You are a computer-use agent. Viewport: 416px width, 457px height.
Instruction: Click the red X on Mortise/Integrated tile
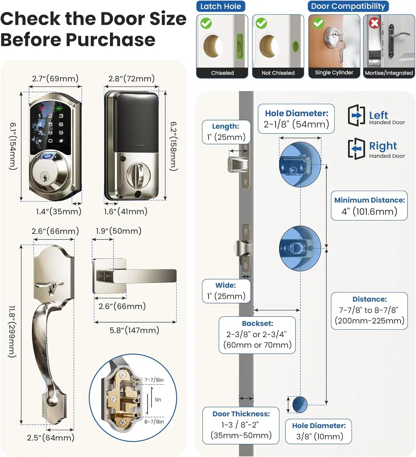tap(374, 23)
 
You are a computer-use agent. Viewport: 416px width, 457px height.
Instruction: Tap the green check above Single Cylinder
tap(318, 23)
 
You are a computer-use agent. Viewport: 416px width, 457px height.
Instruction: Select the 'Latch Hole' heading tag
tap(221, 6)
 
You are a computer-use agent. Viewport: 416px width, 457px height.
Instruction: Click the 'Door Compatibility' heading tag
tap(348, 6)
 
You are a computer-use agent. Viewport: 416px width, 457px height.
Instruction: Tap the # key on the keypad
tap(61, 141)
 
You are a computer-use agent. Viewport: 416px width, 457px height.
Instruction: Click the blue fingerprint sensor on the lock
tap(48, 156)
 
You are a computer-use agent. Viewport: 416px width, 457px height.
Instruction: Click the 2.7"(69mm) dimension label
tap(55, 79)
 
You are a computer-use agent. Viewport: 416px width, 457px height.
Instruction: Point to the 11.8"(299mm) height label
tap(12, 331)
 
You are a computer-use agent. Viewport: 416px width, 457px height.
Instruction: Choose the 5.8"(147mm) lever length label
tap(134, 330)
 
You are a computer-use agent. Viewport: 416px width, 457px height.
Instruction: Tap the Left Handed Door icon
tap(356, 115)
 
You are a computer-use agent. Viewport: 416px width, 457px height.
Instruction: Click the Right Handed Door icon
tap(356, 149)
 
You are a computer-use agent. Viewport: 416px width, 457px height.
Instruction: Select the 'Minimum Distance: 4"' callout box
tap(369, 206)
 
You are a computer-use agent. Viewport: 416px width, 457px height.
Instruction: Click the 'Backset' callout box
tap(257, 335)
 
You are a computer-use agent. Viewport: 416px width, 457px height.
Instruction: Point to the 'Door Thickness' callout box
tap(241, 425)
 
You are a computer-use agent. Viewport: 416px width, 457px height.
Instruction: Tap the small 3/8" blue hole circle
tap(299, 404)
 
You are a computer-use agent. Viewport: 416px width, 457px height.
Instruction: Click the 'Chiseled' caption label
tap(222, 73)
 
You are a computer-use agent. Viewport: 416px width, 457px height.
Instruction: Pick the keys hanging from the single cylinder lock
tap(341, 49)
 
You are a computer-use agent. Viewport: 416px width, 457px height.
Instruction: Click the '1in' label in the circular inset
tap(158, 400)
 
